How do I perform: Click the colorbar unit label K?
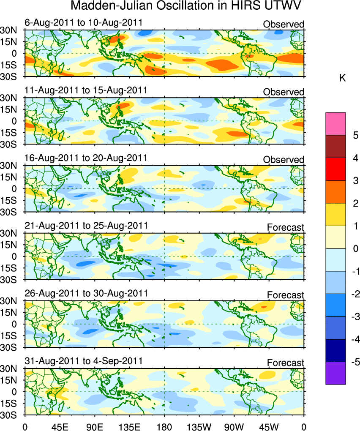(343, 79)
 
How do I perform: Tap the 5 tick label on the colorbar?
(356, 136)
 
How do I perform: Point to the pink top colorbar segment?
(336, 124)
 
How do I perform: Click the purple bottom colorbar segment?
(336, 373)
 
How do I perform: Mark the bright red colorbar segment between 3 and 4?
(336, 169)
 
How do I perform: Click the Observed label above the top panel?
(284, 25)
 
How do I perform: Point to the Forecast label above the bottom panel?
(285, 363)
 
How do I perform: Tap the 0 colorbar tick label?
(356, 249)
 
